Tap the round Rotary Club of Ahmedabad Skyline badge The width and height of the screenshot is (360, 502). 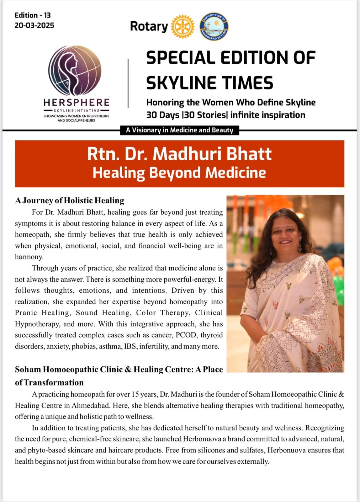click(x=214, y=27)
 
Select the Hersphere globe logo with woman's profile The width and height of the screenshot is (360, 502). click(x=75, y=71)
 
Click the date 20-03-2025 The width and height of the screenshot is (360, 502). click(x=34, y=25)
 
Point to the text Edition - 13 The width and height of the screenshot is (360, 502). click(x=32, y=15)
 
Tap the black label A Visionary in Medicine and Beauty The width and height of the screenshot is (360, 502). click(x=179, y=130)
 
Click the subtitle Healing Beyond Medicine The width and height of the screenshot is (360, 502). click(x=179, y=173)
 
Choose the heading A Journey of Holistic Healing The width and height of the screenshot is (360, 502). click(x=70, y=200)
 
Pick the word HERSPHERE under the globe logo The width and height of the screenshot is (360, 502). click(x=77, y=103)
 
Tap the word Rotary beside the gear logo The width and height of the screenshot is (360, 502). click(x=149, y=26)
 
